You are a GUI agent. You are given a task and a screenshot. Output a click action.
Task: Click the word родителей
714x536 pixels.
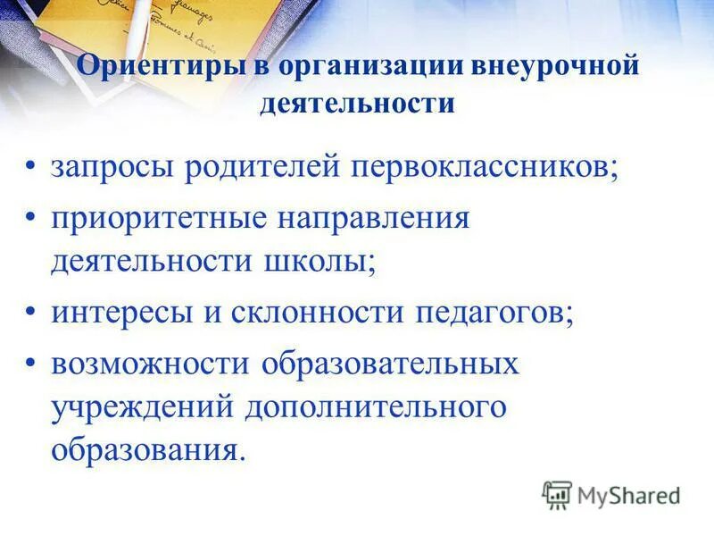(260, 168)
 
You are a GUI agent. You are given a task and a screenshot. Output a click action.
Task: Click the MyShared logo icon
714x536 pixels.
(557, 495)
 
